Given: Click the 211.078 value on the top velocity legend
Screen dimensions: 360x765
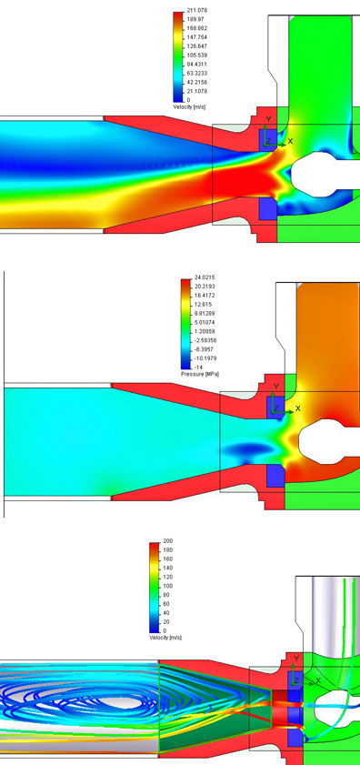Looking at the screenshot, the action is [195, 10].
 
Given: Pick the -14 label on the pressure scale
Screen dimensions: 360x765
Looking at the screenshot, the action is [197, 367].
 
